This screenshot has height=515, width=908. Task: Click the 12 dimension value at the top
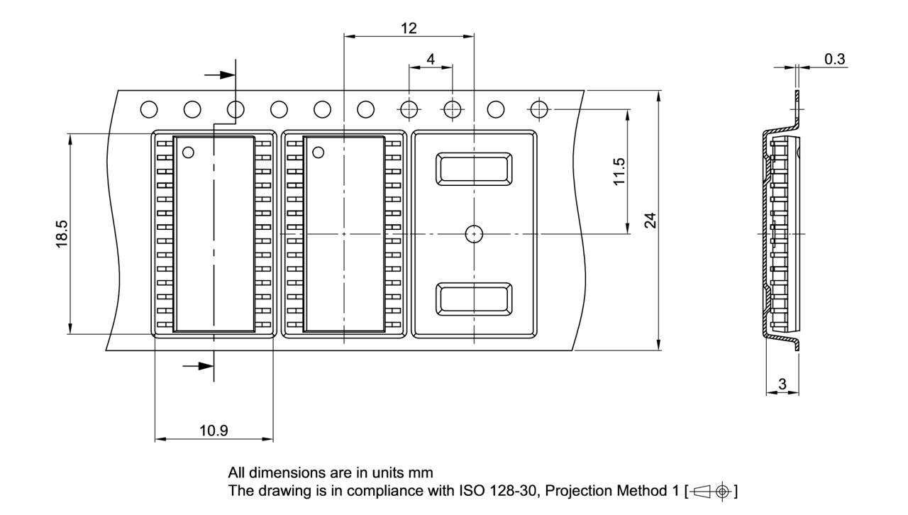pos(409,28)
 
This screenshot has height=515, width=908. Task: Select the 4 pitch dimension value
pos(431,60)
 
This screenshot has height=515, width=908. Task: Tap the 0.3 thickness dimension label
pos(835,60)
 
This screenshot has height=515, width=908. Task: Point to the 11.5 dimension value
pos(619,172)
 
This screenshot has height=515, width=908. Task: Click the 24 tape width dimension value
pos(650,220)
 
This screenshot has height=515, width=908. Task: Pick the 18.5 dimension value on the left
pos(62,233)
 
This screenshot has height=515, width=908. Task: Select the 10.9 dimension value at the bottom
pos(214,431)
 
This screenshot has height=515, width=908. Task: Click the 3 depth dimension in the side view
pos(782,384)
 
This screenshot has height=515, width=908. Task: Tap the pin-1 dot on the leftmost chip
pos(188,152)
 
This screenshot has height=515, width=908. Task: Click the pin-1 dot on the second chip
pos(318,152)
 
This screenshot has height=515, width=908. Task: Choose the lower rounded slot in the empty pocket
pos(475,299)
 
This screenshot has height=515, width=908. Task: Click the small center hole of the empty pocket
pos(473,233)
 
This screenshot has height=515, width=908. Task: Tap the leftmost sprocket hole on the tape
pos(149,109)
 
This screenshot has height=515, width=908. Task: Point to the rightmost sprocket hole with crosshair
pos(539,109)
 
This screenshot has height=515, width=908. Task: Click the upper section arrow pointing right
pos(219,74)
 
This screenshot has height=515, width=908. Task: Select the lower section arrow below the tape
pos(198,366)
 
